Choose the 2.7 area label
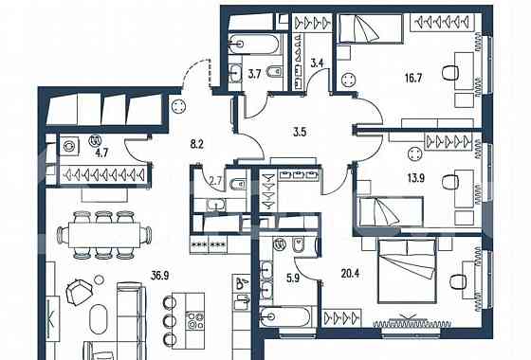pos(214,178)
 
